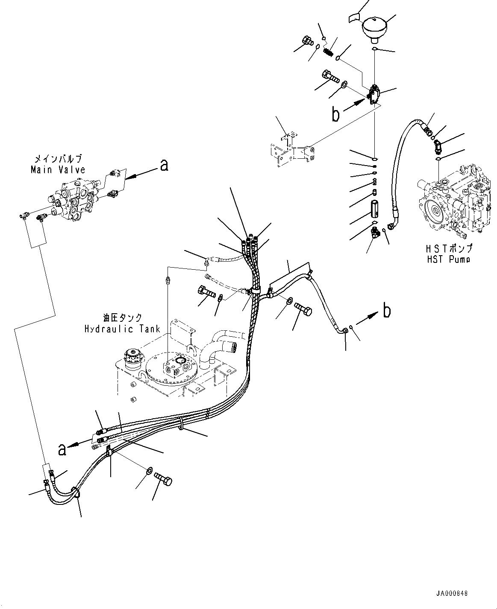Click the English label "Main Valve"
[58, 169]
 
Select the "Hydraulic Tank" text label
[122, 329]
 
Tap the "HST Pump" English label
[447, 259]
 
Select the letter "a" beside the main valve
[163, 165]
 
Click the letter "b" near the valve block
[336, 114]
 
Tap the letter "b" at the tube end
[386, 311]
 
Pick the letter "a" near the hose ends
[62, 449]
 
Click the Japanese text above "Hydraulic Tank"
[122, 318]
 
